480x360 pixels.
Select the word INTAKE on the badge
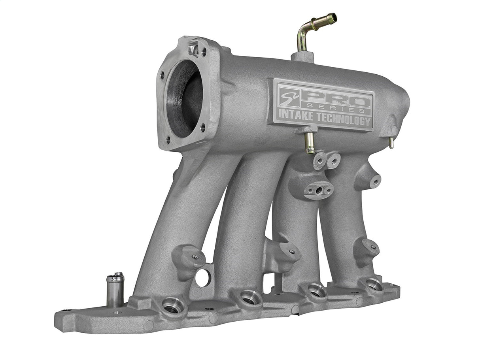click(x=297, y=115)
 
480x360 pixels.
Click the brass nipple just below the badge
click(x=310, y=143)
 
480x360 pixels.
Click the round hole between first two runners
click(x=202, y=278)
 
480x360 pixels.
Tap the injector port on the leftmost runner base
click(x=173, y=305)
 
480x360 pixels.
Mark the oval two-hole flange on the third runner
click(x=319, y=190)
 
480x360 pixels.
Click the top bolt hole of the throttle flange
click(x=204, y=51)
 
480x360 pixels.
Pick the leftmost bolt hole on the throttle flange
click(x=162, y=74)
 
